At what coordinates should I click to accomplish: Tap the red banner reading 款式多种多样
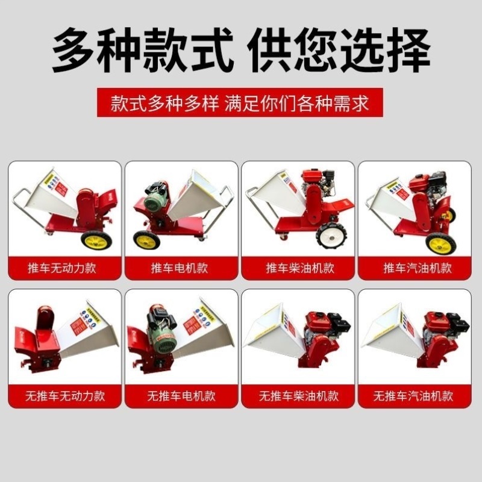[x=241, y=103]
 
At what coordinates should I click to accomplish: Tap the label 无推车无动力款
[x=65, y=396]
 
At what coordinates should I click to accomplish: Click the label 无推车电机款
[x=182, y=396]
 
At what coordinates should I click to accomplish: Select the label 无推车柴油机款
[x=299, y=396]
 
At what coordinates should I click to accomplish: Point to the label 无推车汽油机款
[x=417, y=396]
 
